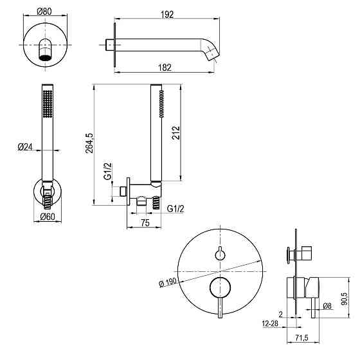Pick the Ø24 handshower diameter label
[x=24, y=147]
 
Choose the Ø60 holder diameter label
[x=47, y=217]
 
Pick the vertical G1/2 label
[x=109, y=172]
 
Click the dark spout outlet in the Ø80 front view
[x=45, y=57]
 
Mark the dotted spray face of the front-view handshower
[x=45, y=103]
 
